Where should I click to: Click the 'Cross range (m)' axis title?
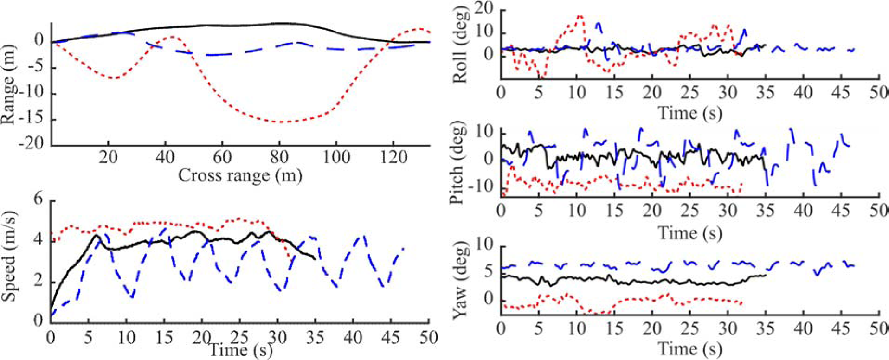240,175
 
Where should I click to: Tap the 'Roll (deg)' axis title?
460,45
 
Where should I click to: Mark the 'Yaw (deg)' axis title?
460,281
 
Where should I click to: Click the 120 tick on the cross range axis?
393,158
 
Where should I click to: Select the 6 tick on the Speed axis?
38,199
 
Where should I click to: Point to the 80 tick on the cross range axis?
279,158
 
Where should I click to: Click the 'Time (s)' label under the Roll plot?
690,113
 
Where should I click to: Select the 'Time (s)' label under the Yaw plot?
690,348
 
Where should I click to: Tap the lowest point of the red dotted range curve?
281,122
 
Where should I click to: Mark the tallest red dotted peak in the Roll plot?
579,16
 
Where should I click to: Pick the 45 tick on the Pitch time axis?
841,211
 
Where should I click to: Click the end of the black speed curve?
315,259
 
